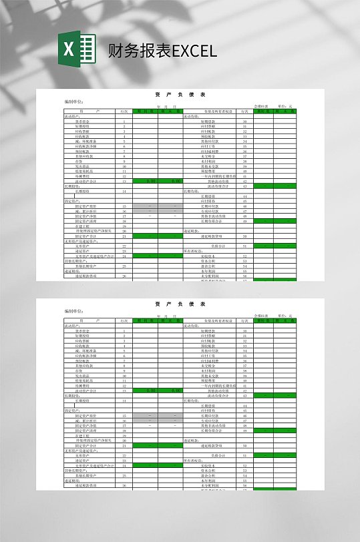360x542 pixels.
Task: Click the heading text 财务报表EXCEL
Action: coord(162,51)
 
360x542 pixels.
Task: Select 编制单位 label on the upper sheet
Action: coord(74,102)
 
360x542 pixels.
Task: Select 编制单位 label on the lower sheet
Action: coord(74,311)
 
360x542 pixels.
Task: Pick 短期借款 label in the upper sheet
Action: coord(207,121)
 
